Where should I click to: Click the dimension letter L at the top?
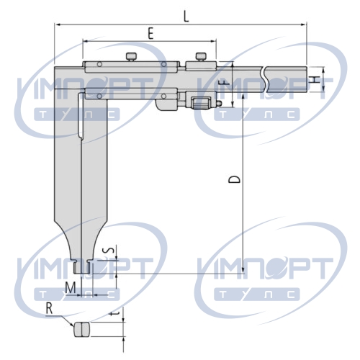click(186, 17)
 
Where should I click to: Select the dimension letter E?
click(150, 33)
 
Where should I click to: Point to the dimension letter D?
click(234, 179)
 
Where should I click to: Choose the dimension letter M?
click(71, 288)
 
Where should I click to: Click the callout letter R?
click(49, 308)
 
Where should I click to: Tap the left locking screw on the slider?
click(131, 57)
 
